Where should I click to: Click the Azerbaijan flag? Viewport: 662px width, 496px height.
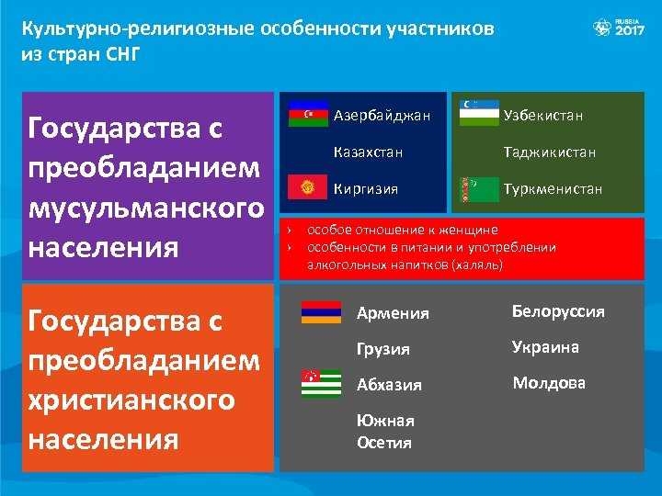[308, 114]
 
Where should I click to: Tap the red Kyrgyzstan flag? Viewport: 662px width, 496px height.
[308, 188]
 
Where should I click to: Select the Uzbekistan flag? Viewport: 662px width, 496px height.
[478, 114]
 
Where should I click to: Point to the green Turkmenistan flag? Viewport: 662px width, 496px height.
[478, 188]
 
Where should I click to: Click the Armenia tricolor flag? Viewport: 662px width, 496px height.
[321, 312]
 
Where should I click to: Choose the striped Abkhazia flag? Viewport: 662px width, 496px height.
[321, 383]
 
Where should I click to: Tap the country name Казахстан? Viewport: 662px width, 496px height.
[368, 152]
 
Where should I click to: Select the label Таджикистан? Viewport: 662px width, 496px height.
[550, 152]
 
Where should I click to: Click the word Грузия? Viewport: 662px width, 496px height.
[383, 349]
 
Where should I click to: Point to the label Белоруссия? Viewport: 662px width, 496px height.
[558, 311]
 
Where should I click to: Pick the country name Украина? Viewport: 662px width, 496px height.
[545, 347]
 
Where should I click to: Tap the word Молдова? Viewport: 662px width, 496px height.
[549, 383]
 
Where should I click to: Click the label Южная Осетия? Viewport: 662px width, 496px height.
[385, 431]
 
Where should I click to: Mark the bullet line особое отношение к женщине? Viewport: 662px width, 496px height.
[402, 230]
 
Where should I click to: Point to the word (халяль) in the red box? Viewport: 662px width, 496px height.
[476, 265]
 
